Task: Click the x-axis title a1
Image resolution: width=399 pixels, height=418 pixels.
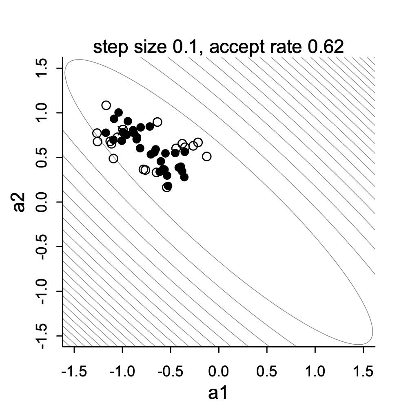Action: click(218, 393)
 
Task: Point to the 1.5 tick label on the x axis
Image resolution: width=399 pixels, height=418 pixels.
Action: click(363, 372)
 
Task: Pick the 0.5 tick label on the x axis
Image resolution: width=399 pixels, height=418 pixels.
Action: click(267, 372)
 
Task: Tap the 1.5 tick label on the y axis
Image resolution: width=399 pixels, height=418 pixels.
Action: click(42, 68)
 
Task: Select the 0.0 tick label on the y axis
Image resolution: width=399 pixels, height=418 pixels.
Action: click(42, 202)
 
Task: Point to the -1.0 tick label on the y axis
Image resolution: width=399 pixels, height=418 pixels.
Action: click(42, 292)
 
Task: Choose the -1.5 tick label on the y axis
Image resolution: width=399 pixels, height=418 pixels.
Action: click(42, 337)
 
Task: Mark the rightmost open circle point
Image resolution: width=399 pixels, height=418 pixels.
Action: click(207, 156)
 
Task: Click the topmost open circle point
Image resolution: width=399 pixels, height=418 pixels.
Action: click(106, 105)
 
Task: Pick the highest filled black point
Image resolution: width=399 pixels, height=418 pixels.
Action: click(119, 112)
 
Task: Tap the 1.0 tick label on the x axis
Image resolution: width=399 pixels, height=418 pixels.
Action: click(315, 372)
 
